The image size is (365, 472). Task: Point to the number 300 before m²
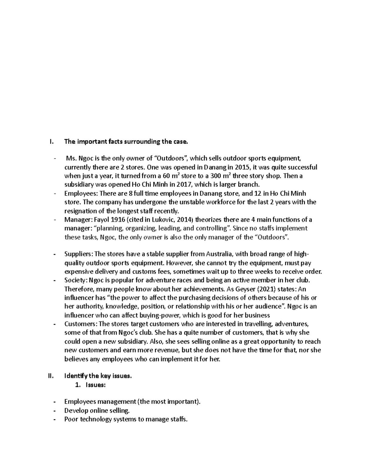tap(216, 176)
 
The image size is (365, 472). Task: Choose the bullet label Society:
tap(76, 280)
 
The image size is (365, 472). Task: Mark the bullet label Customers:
tap(79, 324)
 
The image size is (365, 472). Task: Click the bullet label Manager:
tap(77, 220)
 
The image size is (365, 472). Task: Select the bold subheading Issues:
tap(96, 385)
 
